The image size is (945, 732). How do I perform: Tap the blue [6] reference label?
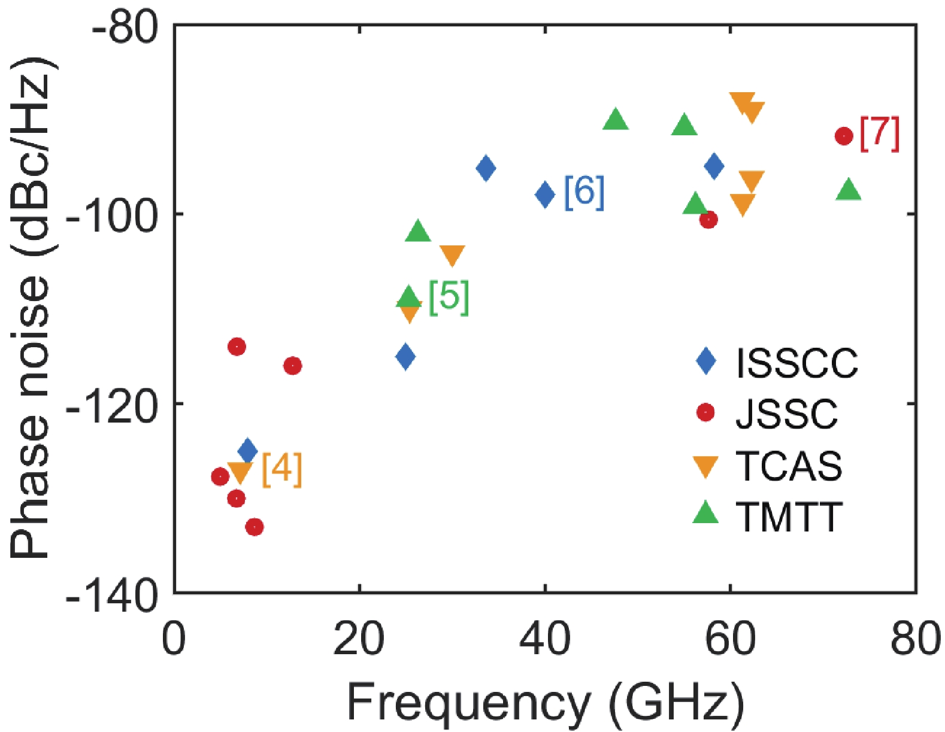584,192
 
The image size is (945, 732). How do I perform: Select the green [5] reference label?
449,297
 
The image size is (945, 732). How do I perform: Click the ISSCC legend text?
796,363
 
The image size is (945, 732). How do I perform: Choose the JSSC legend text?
786,414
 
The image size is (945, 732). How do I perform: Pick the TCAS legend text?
789,466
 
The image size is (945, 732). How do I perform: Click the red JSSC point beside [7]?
843,136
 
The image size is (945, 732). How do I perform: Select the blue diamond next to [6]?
545,194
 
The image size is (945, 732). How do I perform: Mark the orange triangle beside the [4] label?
240,473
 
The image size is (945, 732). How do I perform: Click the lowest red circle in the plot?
255,527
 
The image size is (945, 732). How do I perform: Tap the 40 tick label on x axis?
544,639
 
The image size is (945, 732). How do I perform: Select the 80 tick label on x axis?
914,639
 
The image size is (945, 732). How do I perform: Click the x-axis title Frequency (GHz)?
545,703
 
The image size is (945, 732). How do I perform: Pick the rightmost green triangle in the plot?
849,190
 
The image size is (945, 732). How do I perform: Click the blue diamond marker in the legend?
707,362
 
